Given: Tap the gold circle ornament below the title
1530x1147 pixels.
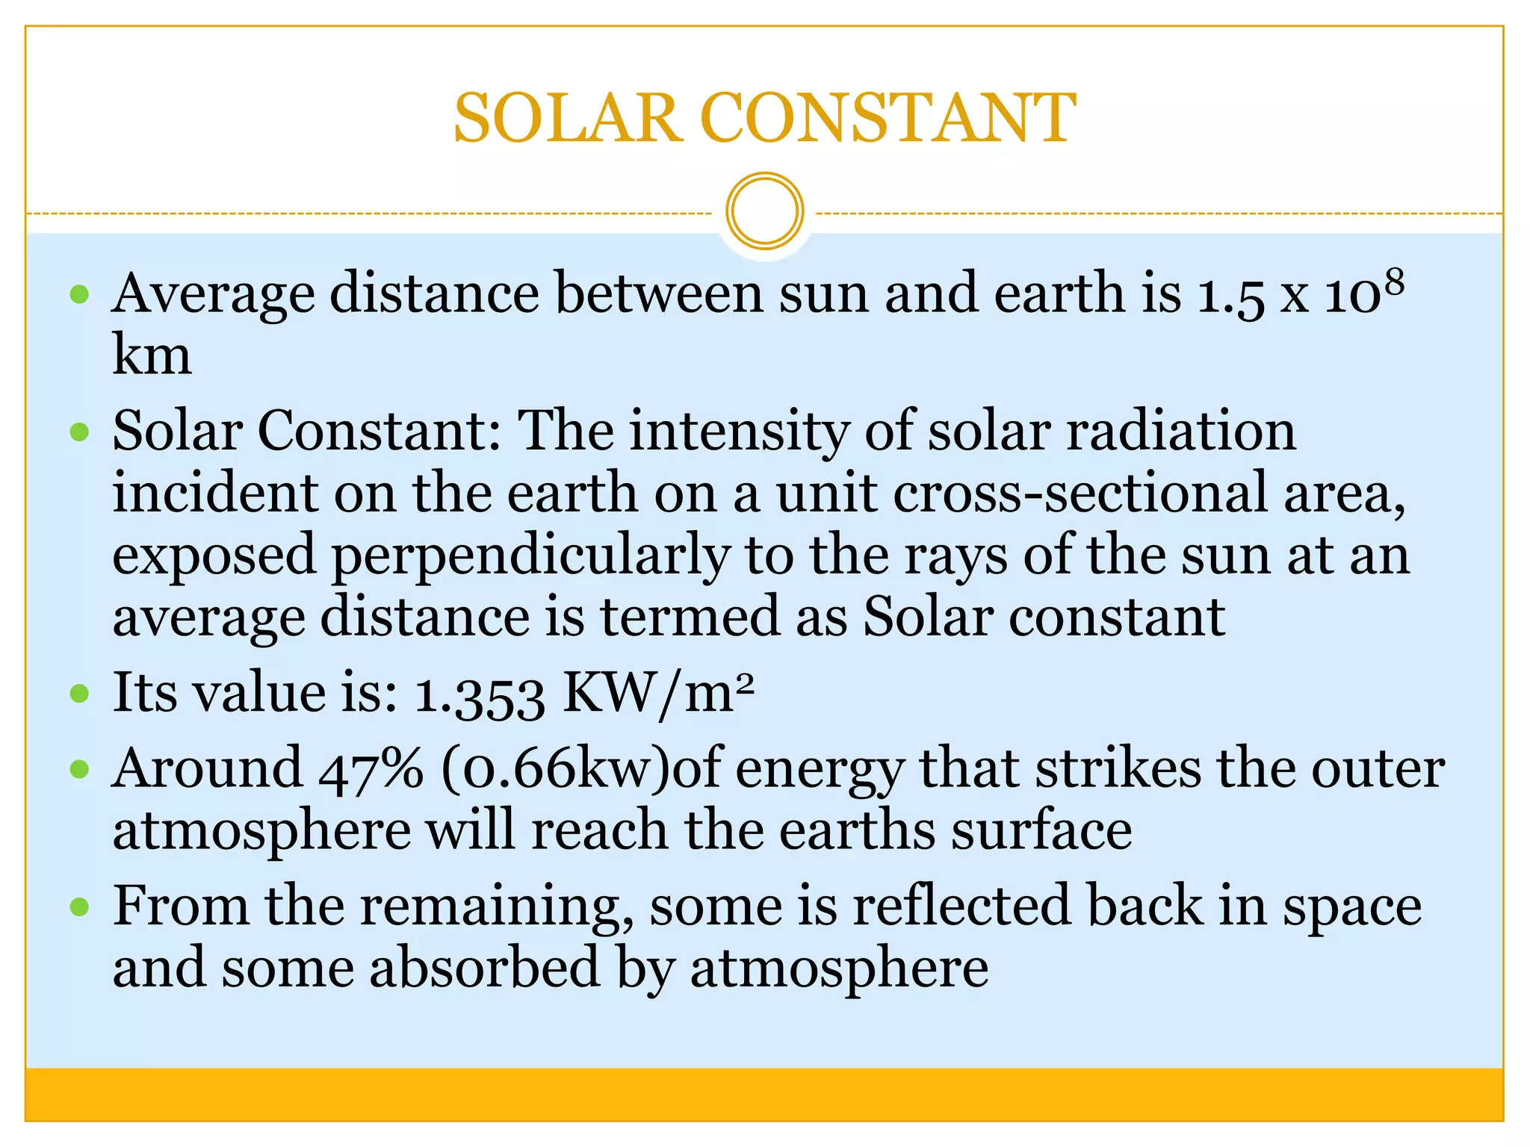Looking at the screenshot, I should tap(764, 211).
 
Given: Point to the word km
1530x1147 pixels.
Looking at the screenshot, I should tap(152, 355).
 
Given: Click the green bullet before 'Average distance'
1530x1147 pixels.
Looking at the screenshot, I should tap(79, 293).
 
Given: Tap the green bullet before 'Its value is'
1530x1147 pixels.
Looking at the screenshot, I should tap(79, 694).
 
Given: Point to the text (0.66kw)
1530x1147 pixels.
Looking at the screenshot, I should tap(557, 769).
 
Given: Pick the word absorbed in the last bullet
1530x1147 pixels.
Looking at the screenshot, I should tap(485, 969).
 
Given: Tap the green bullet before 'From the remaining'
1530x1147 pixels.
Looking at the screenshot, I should tap(79, 907).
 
